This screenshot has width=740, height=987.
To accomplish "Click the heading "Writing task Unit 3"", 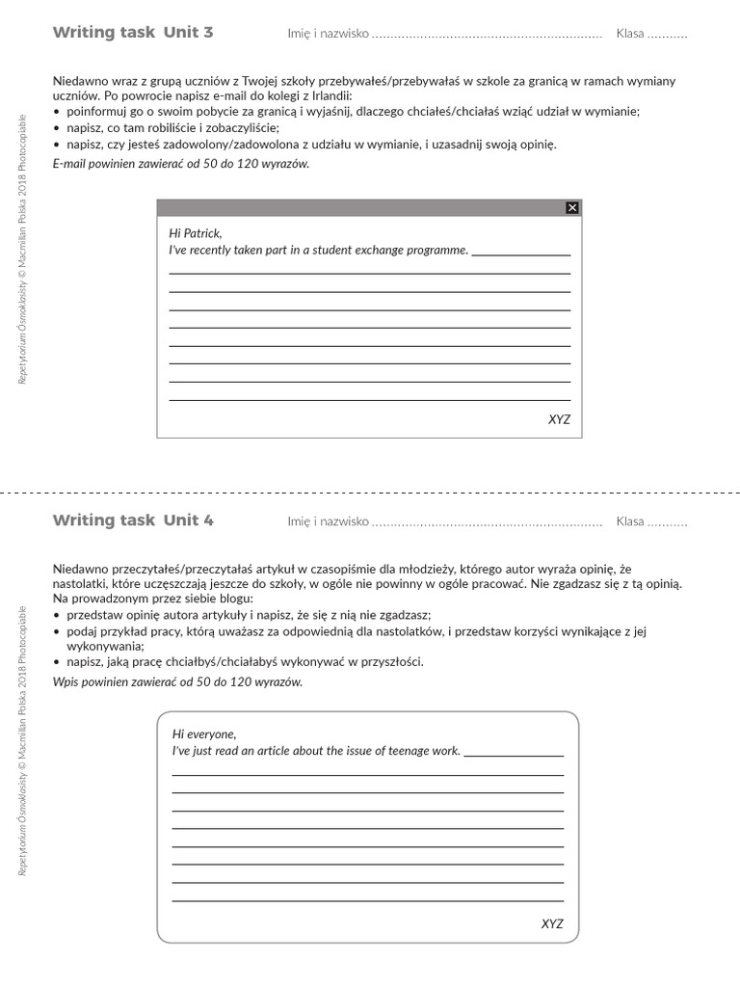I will point(133,33).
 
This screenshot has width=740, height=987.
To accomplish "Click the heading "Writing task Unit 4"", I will point(133,520).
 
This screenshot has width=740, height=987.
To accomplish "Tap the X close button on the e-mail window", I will point(571,207).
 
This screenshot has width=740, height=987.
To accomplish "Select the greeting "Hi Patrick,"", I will point(195,233).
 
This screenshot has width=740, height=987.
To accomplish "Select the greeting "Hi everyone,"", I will point(203,734).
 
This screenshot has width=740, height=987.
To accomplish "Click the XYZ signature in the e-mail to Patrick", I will point(559,419).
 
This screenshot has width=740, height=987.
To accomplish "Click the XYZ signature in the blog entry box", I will point(552,923).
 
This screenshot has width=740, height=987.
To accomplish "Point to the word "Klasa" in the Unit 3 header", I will point(630,34).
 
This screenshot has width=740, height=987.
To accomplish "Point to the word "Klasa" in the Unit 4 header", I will point(630,521).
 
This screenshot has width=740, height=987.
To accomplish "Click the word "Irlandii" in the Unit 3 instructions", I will point(330,96).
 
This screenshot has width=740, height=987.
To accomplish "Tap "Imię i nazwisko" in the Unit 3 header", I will point(328,34).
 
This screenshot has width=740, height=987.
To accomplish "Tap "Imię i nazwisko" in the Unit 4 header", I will point(328,521).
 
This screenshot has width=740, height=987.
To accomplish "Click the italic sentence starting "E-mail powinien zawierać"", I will point(181,163).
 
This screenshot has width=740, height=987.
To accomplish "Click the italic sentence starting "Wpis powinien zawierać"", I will point(177,681).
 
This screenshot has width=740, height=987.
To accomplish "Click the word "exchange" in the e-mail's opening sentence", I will point(367,251).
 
